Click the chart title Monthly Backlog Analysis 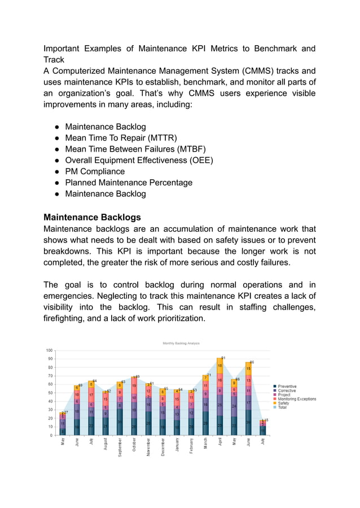pyautogui.click(x=181, y=343)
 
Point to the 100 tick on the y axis pyautogui.click(x=50, y=350)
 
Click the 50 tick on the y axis pyautogui.click(x=51, y=393)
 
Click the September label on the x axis pyautogui.click(x=120, y=448)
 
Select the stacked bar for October pyautogui.click(x=134, y=406)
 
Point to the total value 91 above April pyautogui.click(x=223, y=358)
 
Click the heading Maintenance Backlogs pyautogui.click(x=92, y=217)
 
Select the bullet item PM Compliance pyautogui.click(x=95, y=171)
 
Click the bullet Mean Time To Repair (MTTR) pyautogui.click(x=121, y=138)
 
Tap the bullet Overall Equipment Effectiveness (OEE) pyautogui.click(x=139, y=160)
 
